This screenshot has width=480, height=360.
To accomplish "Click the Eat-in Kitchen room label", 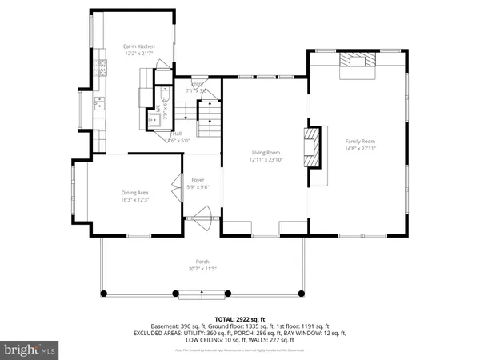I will click(x=138, y=46).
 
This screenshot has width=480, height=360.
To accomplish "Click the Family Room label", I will click(x=359, y=141).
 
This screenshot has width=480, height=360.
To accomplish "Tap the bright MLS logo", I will click(x=30, y=349).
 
